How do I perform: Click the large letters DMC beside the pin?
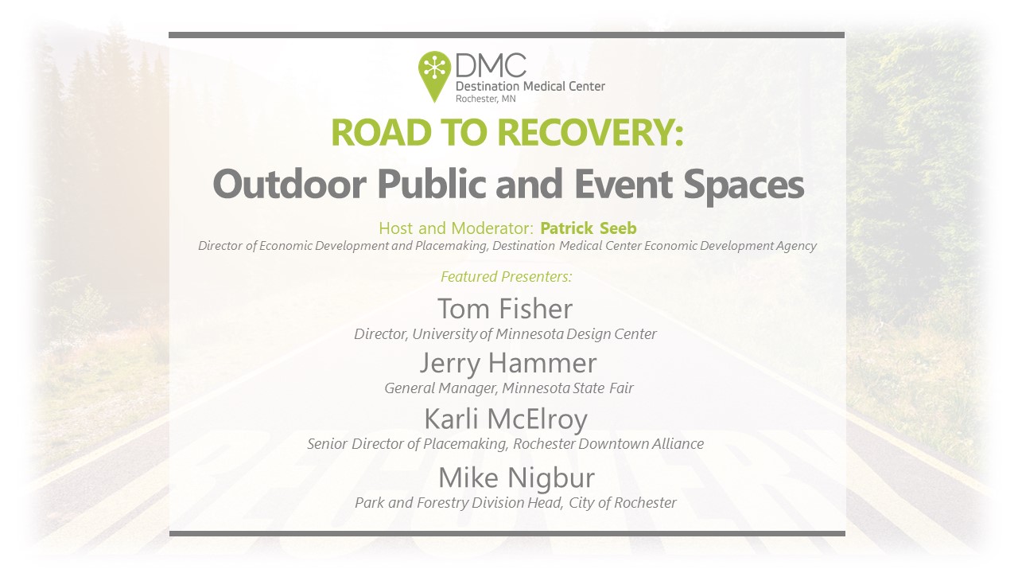(491, 65)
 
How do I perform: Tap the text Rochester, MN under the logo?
(485, 99)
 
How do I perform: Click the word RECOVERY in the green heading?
(591, 132)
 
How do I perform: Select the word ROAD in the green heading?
(381, 132)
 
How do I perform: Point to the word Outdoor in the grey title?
(289, 184)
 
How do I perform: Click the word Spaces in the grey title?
(744, 185)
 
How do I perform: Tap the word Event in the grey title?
(623, 184)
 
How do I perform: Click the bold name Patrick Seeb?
(588, 228)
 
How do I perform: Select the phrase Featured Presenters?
(507, 276)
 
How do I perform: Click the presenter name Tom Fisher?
(505, 309)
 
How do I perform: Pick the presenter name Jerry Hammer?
(507, 364)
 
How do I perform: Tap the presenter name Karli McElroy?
(506, 419)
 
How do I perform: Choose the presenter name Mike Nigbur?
(516, 478)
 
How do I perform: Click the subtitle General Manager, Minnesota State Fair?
(508, 388)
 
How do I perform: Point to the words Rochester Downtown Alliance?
(608, 443)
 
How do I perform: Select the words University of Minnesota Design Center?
(534, 333)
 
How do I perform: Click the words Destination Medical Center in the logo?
(530, 86)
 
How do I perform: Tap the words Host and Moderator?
(456, 228)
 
